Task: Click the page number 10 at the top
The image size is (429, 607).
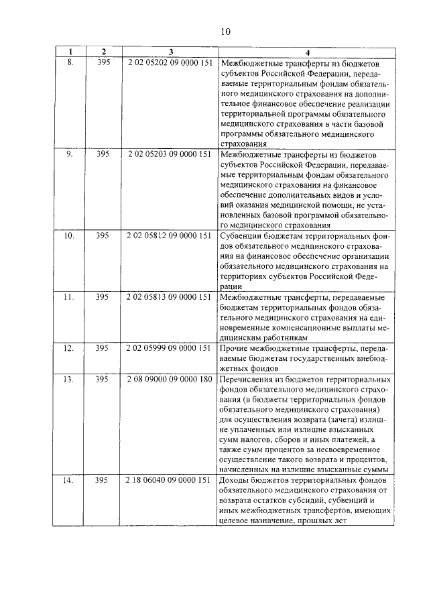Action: (x=225, y=32)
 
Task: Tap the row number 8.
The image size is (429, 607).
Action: (x=69, y=62)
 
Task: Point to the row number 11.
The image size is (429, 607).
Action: (x=69, y=296)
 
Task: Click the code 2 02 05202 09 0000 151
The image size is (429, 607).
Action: (x=170, y=62)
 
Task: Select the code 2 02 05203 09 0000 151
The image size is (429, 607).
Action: (x=170, y=154)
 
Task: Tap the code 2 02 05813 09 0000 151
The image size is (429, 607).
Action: (x=170, y=296)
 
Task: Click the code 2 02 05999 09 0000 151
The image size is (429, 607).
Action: (x=170, y=349)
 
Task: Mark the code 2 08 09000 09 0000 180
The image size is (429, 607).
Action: (x=170, y=379)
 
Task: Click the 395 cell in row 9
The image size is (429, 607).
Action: (x=103, y=154)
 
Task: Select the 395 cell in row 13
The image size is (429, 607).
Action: (x=103, y=379)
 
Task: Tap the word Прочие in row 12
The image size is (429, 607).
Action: (x=235, y=349)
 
